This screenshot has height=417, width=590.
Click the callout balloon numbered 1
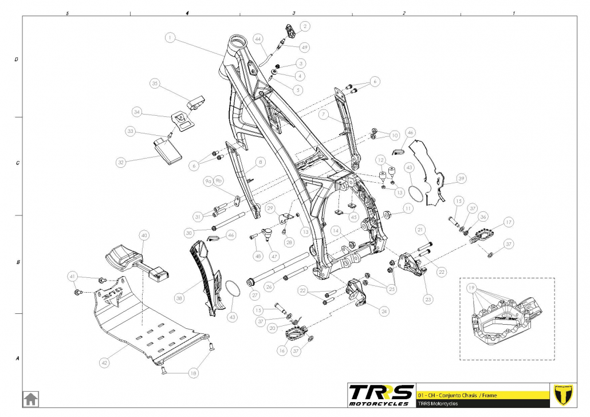[170, 38]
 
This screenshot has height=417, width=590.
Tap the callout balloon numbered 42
[104, 363]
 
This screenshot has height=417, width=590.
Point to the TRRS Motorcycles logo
[381, 395]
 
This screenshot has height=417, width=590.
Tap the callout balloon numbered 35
[154, 84]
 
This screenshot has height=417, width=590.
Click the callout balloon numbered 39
[462, 178]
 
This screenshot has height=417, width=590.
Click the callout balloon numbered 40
[144, 235]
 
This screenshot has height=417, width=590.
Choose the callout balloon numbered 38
[180, 298]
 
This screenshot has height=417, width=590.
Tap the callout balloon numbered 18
[193, 373]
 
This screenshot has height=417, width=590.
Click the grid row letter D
[16, 58]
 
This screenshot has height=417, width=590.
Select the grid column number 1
[513, 12]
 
